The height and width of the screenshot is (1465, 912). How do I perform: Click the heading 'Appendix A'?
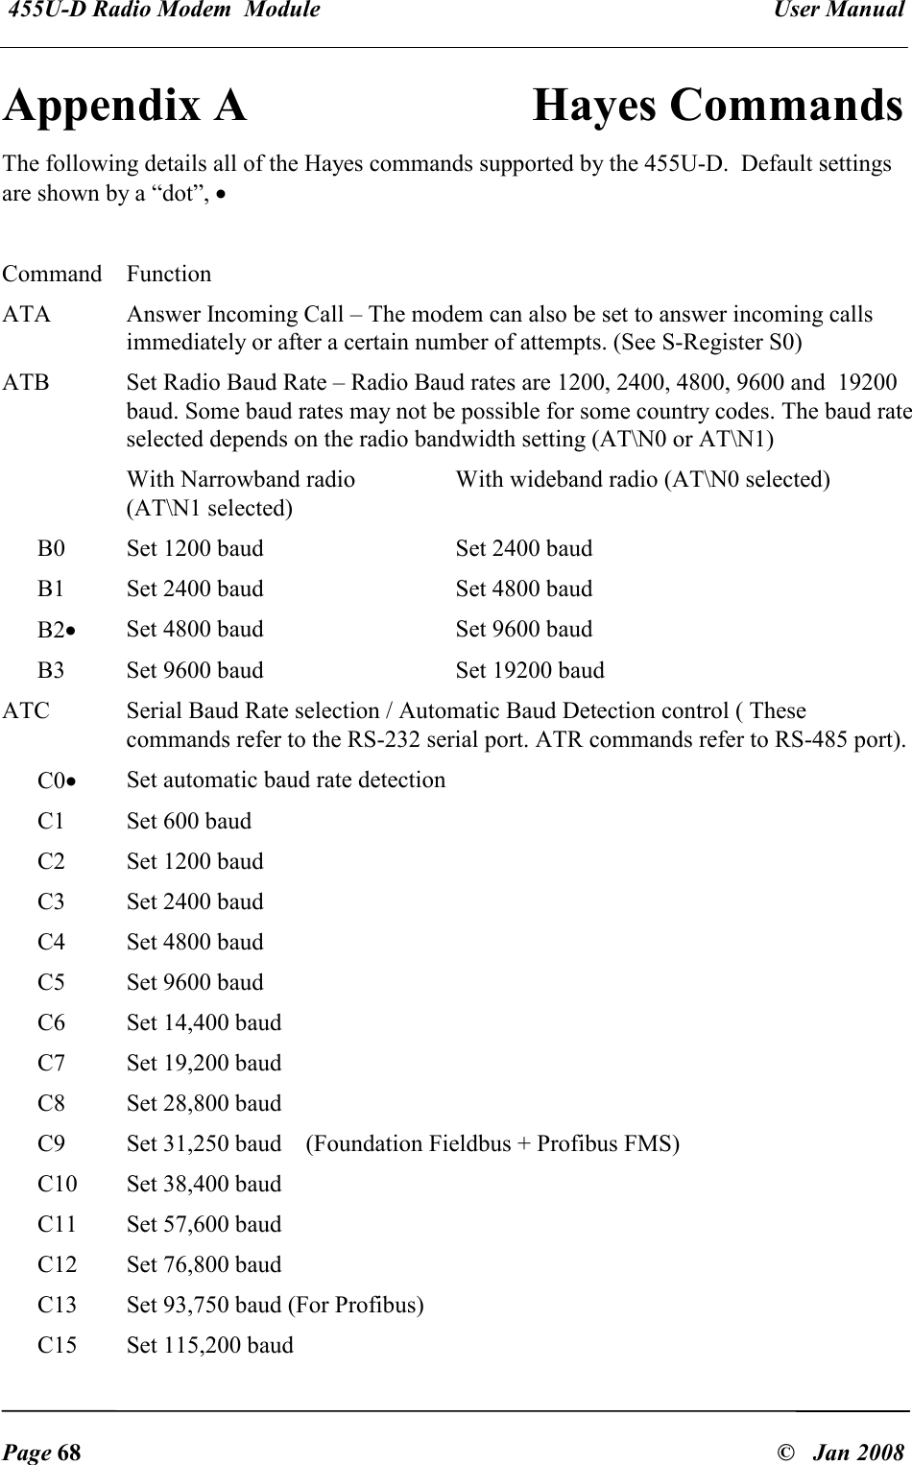(125, 106)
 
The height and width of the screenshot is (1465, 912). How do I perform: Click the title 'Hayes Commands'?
(716, 106)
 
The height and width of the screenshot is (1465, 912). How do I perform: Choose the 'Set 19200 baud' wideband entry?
(530, 670)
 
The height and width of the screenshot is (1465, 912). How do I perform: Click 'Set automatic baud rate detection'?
(286, 781)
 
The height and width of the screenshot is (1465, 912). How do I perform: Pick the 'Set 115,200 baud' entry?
(210, 1345)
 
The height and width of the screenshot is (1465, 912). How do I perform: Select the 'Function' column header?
(169, 275)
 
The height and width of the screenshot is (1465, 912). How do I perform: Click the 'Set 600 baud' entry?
(189, 822)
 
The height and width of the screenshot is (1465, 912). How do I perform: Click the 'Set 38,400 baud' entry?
(204, 1184)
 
